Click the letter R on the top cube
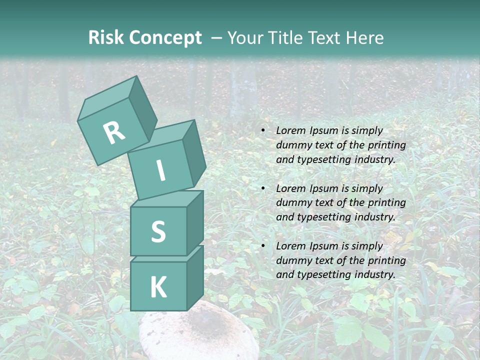pyautogui.click(x=114, y=132)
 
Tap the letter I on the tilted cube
pyautogui.click(x=160, y=170)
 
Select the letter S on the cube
pyautogui.click(x=158, y=231)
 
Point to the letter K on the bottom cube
pyautogui.click(x=158, y=287)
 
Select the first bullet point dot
pyautogui.click(x=263, y=130)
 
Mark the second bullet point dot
pyautogui.click(x=263, y=188)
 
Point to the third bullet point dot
pyautogui.click(x=263, y=246)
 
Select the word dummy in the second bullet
pyautogui.click(x=293, y=203)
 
